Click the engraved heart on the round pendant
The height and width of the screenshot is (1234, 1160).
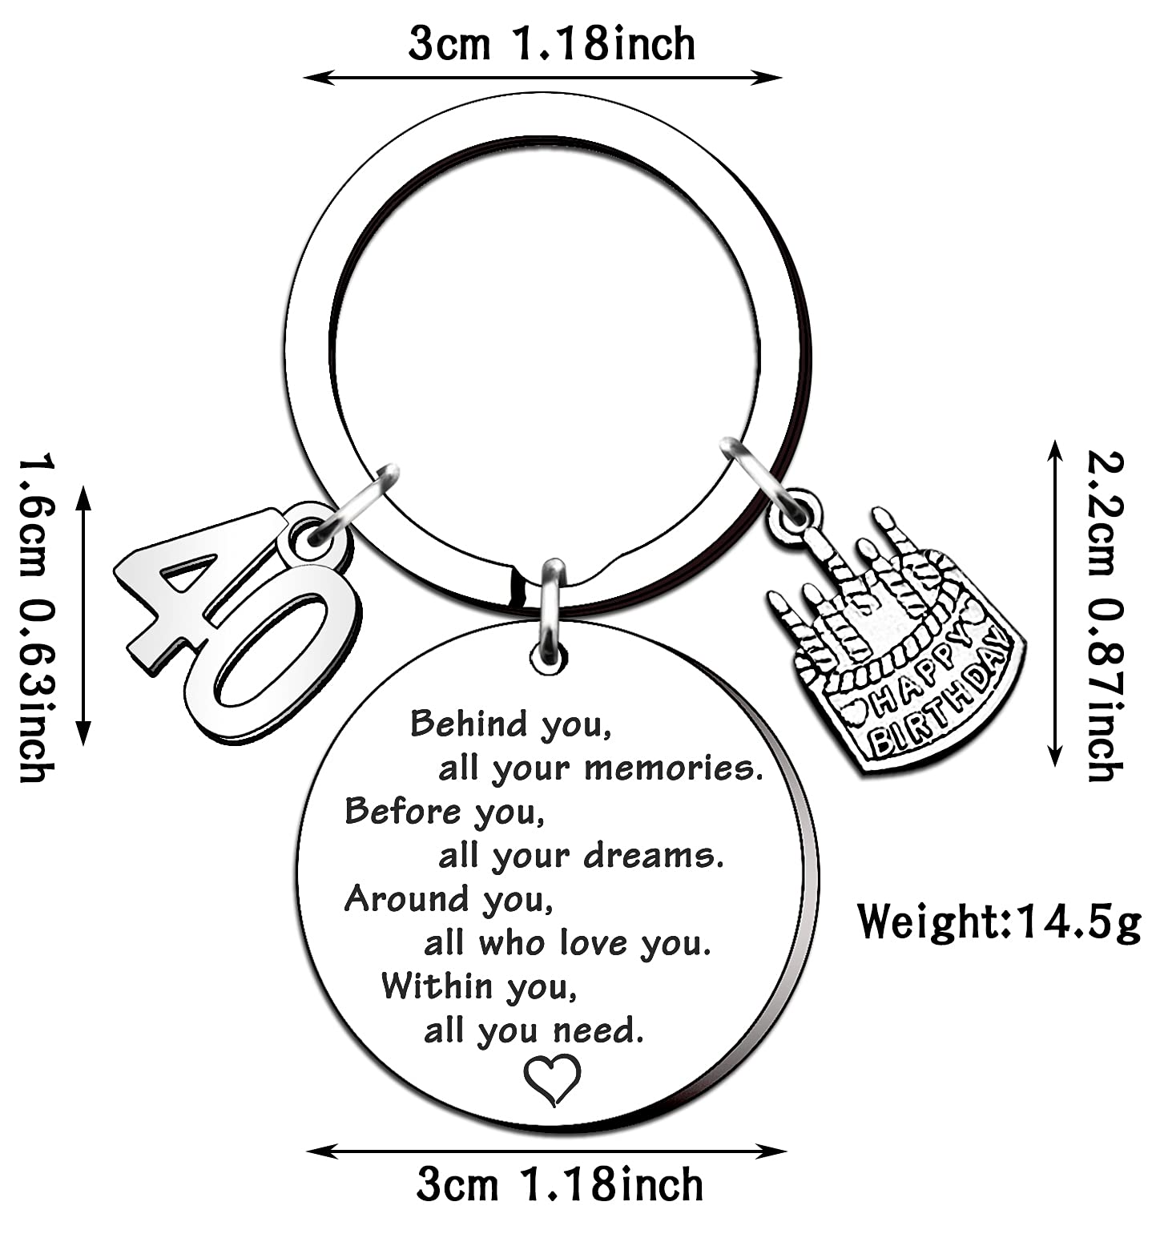[x=552, y=1079]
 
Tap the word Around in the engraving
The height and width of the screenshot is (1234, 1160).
[x=405, y=899]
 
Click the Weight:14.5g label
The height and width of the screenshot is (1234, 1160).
[x=998, y=921]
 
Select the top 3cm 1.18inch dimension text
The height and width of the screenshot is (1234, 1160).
[x=551, y=44]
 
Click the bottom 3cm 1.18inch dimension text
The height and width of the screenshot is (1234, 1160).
[x=559, y=1184]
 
